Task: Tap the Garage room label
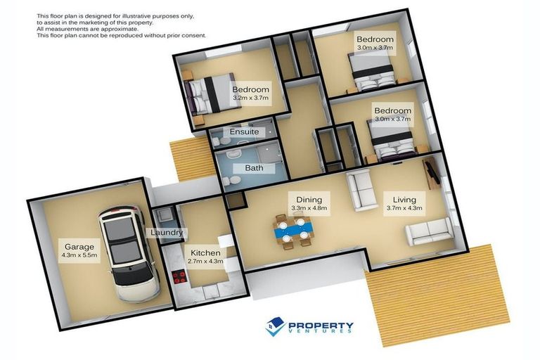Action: coord(78,247)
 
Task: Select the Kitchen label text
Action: coord(205,252)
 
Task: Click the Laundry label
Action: coord(167,233)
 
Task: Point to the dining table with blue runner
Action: coord(293,230)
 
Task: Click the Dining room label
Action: coord(309,199)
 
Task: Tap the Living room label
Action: coord(404,200)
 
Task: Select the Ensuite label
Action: coord(244,131)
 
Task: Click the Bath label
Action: coord(254,168)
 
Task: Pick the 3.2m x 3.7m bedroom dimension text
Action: coord(251,99)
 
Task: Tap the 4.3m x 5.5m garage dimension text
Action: coord(78,257)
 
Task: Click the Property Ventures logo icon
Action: coord(275,326)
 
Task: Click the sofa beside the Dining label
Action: coord(362,190)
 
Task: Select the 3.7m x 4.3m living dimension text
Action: coord(404,209)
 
